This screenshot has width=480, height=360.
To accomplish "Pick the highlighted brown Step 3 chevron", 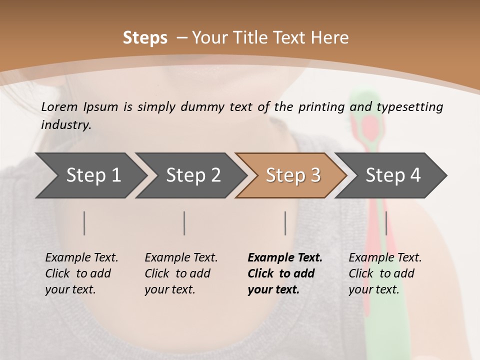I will [291, 175].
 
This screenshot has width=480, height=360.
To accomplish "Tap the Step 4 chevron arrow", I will [391, 175].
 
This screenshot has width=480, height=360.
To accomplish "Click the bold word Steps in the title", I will [145, 38].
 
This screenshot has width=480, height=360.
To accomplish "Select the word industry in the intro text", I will [65, 125].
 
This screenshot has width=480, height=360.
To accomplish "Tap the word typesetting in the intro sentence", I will [410, 106].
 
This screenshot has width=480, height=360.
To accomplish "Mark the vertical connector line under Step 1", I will [84, 223].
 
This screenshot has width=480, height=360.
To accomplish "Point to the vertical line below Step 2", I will [184, 223].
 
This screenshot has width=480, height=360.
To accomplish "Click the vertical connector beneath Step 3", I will [285, 223].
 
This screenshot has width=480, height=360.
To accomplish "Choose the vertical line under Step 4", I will [386, 223].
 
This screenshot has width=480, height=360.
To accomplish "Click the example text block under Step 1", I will [81, 273].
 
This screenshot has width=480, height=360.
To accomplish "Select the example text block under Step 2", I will [181, 273].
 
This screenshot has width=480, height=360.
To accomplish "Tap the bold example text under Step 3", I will [285, 273].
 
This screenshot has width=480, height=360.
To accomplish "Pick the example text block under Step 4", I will [385, 273].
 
